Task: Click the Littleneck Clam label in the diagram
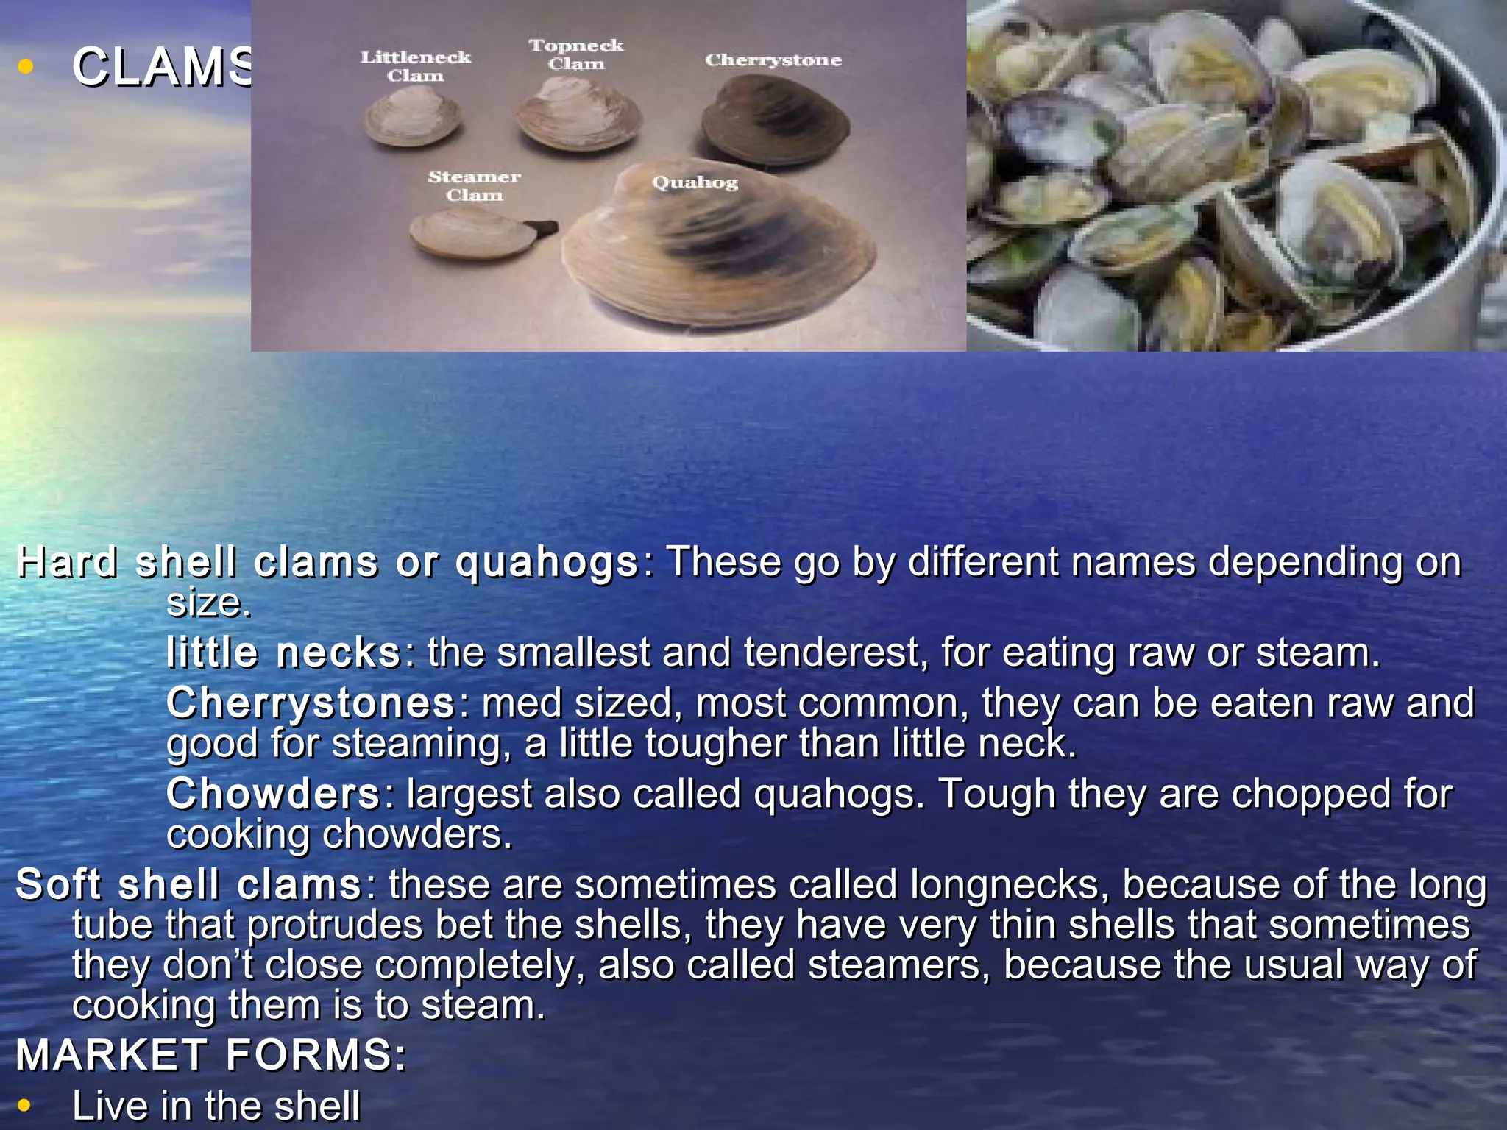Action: (x=415, y=66)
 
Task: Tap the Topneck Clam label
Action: (x=575, y=54)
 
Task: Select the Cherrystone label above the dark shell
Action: (x=773, y=60)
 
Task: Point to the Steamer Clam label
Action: (x=474, y=185)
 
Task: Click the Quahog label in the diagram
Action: (x=695, y=182)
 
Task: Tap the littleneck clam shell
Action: (x=412, y=120)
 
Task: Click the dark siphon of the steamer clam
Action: (x=545, y=229)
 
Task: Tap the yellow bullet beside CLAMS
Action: (x=26, y=67)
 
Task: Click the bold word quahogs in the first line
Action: (x=546, y=563)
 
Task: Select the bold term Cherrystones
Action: (x=311, y=703)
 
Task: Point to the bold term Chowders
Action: (x=273, y=794)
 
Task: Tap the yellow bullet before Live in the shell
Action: (x=24, y=1105)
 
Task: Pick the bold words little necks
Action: (x=283, y=653)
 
